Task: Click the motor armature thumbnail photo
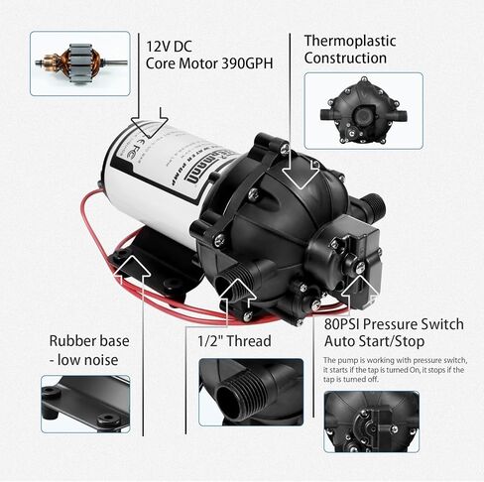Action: tap(79, 62)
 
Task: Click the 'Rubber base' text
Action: tap(85, 339)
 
